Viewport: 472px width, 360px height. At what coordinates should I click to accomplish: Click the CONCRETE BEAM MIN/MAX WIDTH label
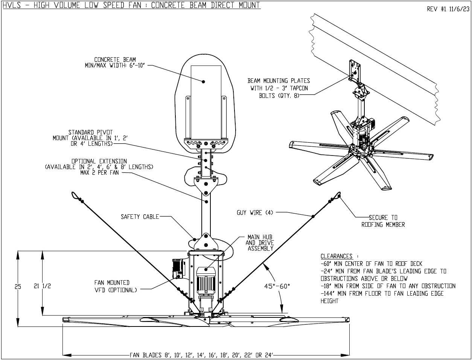click(x=115, y=63)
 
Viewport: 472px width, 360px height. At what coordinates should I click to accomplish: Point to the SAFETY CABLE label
click(x=140, y=217)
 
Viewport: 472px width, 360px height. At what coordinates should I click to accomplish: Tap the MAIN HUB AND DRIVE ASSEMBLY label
click(x=260, y=243)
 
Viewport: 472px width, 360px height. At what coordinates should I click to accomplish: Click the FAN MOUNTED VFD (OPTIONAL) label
click(x=112, y=286)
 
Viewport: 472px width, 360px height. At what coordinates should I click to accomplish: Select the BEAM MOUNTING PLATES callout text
click(x=279, y=88)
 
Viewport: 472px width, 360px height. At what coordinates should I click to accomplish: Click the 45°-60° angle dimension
click(x=277, y=286)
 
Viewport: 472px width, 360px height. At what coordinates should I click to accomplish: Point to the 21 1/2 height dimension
click(x=42, y=286)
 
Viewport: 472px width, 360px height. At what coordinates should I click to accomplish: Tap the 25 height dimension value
click(x=18, y=287)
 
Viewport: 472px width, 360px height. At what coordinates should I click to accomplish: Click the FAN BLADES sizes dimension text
click(x=201, y=355)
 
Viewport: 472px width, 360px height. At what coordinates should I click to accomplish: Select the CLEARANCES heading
click(x=336, y=256)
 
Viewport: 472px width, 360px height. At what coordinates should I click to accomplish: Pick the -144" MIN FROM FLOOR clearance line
click(x=382, y=294)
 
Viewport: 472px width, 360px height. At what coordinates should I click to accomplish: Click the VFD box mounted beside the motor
click(x=178, y=268)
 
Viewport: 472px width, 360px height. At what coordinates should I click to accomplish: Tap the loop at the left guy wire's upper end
click(x=75, y=195)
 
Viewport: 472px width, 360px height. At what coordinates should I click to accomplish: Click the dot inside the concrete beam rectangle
click(x=204, y=81)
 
